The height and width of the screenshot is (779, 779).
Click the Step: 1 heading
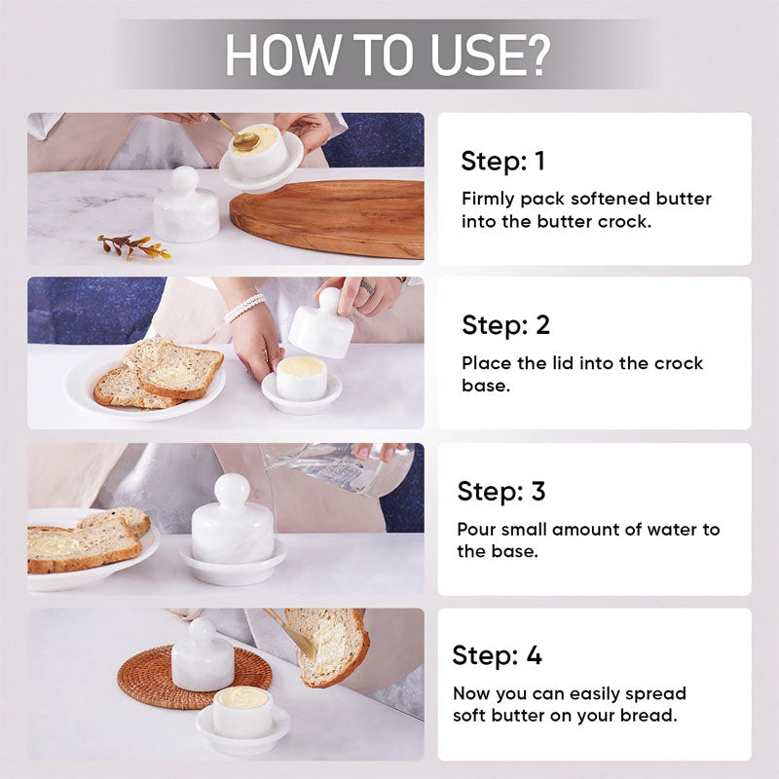coord(502,161)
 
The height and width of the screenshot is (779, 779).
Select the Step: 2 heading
coord(505,325)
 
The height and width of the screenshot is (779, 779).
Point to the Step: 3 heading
coord(501,492)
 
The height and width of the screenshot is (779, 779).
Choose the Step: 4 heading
coord(497,655)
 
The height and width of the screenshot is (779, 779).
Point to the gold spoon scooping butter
coord(236,134)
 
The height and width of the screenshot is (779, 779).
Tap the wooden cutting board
coord(328,216)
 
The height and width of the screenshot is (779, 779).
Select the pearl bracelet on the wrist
coord(244,308)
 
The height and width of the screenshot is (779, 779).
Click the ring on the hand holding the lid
coord(367,287)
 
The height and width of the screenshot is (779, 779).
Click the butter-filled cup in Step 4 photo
coord(242,712)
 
